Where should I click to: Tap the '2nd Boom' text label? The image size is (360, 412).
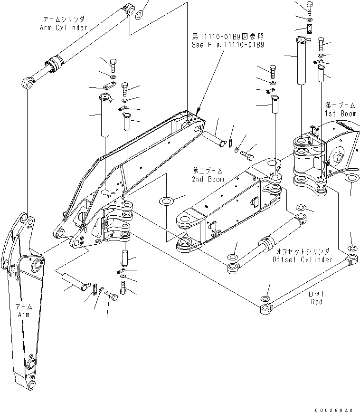tap(208, 179)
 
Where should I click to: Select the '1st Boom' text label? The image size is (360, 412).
tap(341, 114)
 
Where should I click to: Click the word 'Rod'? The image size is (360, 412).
tap(317, 302)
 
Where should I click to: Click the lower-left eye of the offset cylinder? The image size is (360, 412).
tap(233, 268)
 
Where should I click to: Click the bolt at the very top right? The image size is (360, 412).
tap(310, 8)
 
